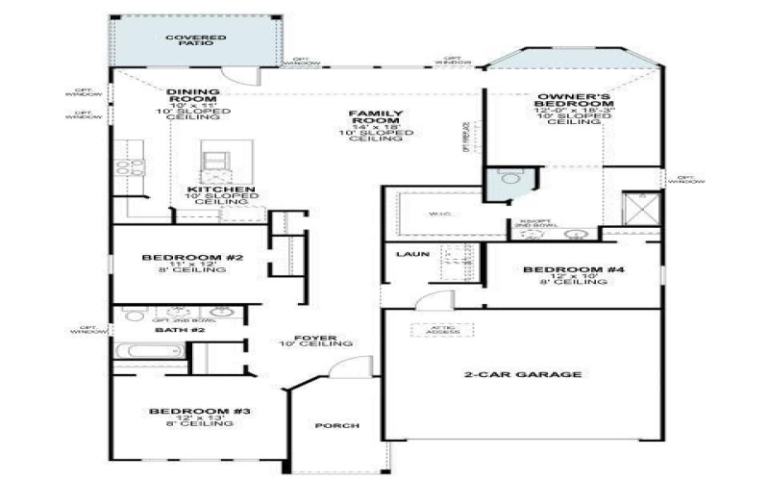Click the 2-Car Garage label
523,374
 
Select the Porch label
336,425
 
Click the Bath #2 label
181,330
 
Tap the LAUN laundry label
406,254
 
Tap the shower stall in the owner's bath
638,211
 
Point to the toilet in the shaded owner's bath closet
508,179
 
